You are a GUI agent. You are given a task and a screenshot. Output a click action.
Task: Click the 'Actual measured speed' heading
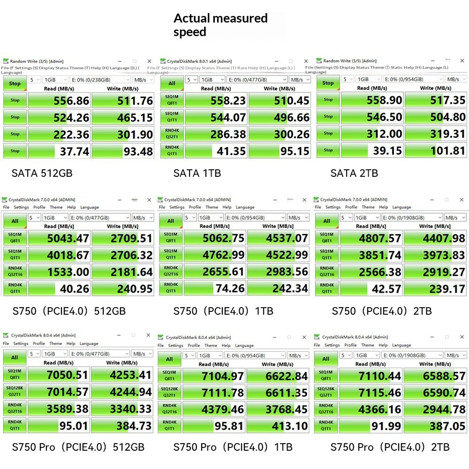pos(220,25)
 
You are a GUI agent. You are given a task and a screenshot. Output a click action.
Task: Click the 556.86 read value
pos(71,101)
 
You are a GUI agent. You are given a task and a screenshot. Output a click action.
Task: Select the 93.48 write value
pos(138,151)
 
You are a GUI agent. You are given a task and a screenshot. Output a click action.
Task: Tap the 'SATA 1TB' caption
pos(197,173)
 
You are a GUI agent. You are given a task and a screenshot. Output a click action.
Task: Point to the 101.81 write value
pos(448,151)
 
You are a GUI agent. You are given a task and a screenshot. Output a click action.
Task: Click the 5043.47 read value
pos(68,238)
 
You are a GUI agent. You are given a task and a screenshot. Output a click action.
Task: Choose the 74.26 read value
pos(230,288)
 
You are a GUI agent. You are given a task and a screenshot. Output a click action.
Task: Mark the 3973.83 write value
pos(444,255)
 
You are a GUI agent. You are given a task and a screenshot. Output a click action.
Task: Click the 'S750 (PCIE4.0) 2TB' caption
pos(382,311)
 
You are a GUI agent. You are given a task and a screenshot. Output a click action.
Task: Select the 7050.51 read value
pos(67,375)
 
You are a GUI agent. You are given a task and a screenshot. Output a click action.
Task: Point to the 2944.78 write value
pos(444,409)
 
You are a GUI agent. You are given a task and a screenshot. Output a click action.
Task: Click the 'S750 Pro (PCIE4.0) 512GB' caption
pos(78,447)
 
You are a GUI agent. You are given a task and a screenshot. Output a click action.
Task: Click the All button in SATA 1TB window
pos(172,83)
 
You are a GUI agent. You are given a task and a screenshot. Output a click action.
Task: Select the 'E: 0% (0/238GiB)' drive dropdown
pos(100,80)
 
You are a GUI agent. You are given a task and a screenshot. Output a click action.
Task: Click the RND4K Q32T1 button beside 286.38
pos(172,134)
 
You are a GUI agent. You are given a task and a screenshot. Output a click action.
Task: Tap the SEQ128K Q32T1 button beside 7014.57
pos(15,392)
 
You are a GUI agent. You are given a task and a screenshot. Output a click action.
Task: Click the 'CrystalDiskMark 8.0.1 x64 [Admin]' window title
pos(199,61)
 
